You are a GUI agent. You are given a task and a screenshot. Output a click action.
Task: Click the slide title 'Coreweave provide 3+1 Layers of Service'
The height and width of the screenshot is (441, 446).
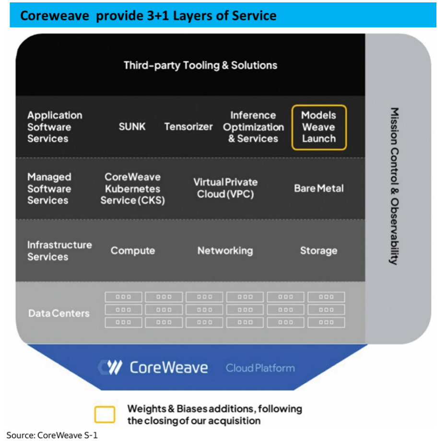pyautogui.click(x=148, y=15)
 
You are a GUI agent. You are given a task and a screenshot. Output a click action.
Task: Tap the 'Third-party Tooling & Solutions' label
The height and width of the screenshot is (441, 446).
pyautogui.click(x=200, y=65)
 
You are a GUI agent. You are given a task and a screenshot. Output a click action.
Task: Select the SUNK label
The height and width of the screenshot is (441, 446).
pyautogui.click(x=132, y=127)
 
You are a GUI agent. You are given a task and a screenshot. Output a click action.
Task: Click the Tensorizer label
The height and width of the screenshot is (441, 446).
pyautogui.click(x=188, y=127)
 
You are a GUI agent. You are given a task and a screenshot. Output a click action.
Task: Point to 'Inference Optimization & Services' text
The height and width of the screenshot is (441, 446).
pyautogui.click(x=253, y=127)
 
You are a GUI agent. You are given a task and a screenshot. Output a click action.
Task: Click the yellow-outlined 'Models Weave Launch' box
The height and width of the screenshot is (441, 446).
pyautogui.click(x=319, y=127)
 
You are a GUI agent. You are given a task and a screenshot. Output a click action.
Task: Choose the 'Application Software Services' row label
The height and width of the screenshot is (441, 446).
pyautogui.click(x=55, y=127)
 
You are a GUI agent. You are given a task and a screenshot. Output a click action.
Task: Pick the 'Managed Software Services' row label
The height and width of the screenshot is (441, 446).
pyautogui.click(x=49, y=189)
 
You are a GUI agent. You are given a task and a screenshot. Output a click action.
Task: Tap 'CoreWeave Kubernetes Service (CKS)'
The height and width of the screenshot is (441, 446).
pyautogui.click(x=132, y=189)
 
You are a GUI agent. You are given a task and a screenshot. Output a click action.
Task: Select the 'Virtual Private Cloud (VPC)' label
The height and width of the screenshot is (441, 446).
pyautogui.click(x=225, y=188)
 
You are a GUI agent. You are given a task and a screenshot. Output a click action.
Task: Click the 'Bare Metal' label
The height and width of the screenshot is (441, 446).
pyautogui.click(x=319, y=188)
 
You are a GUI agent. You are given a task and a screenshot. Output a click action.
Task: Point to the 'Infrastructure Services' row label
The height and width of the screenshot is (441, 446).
pyautogui.click(x=59, y=251)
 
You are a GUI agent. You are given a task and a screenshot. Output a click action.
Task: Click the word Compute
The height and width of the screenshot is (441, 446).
pyautogui.click(x=133, y=251)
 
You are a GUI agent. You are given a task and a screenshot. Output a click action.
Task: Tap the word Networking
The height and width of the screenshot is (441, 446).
pyautogui.click(x=225, y=251)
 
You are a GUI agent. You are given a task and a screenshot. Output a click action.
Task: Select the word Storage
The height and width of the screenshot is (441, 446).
pyautogui.click(x=318, y=251)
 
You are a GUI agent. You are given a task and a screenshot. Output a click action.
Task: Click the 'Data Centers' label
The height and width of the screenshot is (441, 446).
pyautogui.click(x=59, y=313)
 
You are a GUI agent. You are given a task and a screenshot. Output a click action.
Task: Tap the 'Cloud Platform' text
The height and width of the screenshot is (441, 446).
pyautogui.click(x=260, y=368)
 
